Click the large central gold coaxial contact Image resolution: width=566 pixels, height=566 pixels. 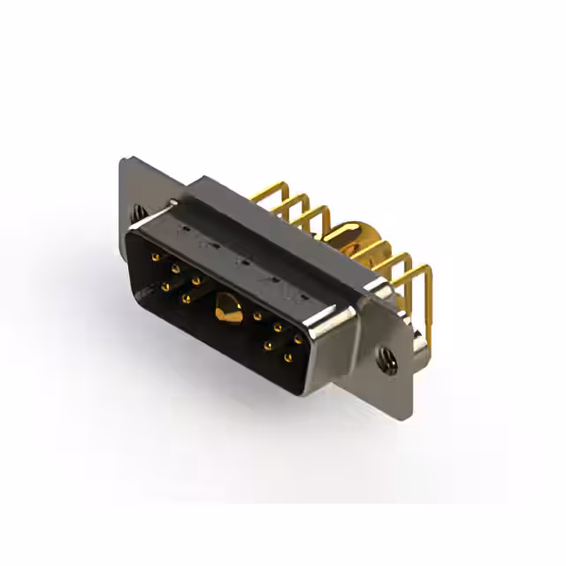click(228, 309)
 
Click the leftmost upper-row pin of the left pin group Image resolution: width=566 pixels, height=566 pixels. click(156, 257)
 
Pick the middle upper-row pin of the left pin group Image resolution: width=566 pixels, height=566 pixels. click(175, 268)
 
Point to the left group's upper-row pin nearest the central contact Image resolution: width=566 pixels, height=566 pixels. click(196, 280)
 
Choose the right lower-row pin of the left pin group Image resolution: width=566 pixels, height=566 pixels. click(186, 299)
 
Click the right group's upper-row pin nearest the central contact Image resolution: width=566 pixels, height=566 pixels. click(256, 315)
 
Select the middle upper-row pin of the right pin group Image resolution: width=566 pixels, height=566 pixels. click(278, 327)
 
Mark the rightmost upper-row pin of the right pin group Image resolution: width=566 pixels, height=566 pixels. click(298, 339)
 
